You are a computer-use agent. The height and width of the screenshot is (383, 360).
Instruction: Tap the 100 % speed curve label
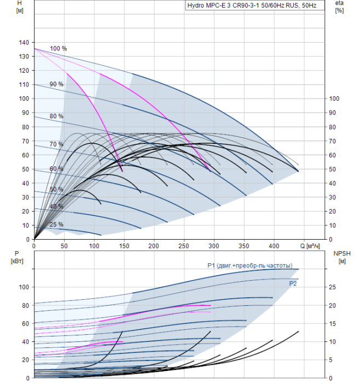(58, 49)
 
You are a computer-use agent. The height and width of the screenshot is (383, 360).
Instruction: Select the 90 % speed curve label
(56, 84)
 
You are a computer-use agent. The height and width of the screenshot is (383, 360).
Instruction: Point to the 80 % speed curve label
(56, 117)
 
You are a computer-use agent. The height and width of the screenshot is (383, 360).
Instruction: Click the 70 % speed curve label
(56, 144)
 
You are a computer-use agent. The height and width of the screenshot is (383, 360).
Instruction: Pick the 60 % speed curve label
(56, 169)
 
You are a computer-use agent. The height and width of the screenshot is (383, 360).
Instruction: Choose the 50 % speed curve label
(56, 189)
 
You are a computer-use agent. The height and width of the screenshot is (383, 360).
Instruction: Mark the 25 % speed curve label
(56, 224)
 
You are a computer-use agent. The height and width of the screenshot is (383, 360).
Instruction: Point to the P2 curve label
(293, 283)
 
